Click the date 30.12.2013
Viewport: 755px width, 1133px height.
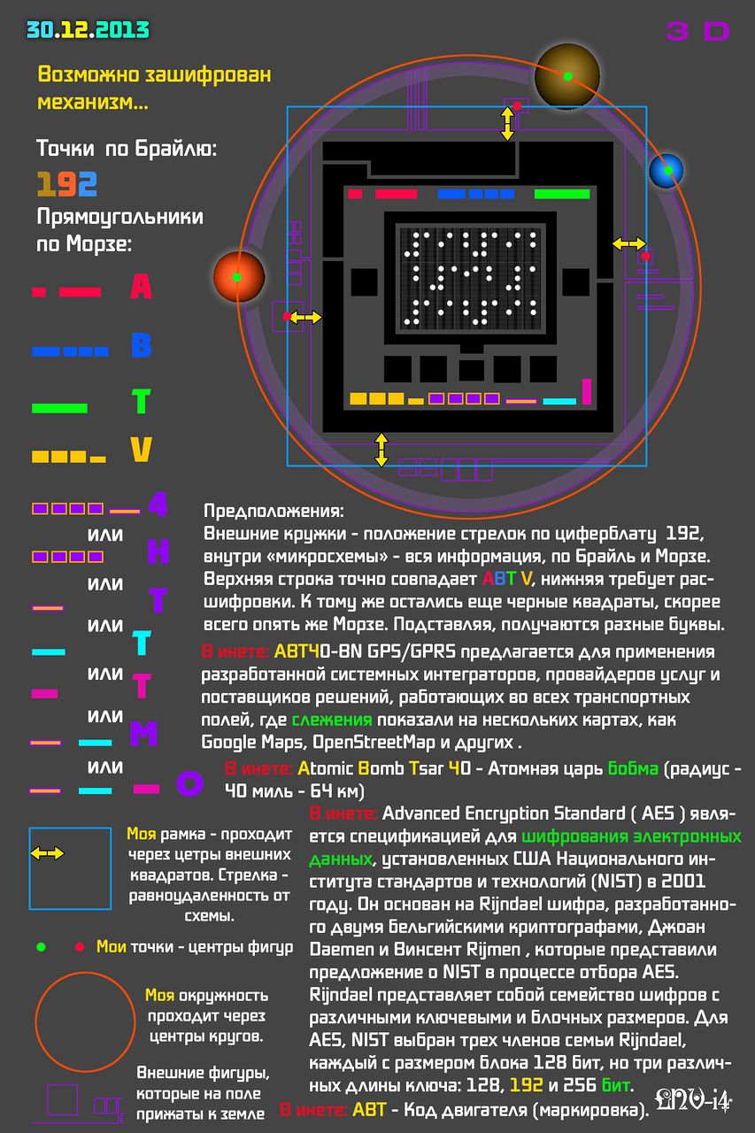[x=88, y=30]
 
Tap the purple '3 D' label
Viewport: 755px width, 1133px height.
[x=697, y=31]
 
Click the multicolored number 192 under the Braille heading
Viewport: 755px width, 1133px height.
[x=66, y=184]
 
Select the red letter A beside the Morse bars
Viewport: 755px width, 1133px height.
[x=141, y=286]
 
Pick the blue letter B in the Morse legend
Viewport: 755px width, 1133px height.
[x=142, y=346]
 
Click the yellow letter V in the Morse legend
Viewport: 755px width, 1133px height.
[x=141, y=449]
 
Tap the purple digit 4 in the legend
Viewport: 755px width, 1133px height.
[x=158, y=505]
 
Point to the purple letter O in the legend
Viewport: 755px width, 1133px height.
[x=189, y=783]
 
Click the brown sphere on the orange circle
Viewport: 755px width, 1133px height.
[x=567, y=76]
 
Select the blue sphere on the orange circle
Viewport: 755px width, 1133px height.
[x=666, y=171]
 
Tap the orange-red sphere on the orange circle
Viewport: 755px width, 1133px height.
[x=239, y=277]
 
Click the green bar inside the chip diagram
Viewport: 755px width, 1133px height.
[x=562, y=194]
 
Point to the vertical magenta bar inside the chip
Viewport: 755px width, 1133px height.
[x=587, y=391]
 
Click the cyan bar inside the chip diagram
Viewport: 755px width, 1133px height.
[x=559, y=402]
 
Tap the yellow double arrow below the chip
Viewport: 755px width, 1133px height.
[x=381, y=450]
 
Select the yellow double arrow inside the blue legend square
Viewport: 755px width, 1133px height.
[x=47, y=854]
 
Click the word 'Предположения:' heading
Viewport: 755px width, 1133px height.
[x=273, y=511]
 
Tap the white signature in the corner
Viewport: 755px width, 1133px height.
[x=693, y=1099]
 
